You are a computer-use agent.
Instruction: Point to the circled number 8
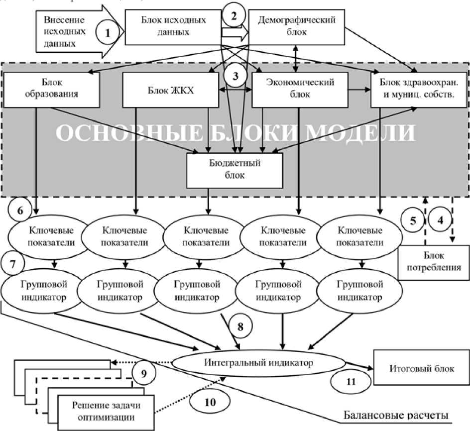(240, 327)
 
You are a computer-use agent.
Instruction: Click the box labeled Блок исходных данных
(172, 26)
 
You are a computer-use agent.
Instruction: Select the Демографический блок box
(298, 26)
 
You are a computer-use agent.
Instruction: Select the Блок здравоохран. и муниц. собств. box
(416, 89)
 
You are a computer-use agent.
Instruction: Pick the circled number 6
(21, 210)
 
